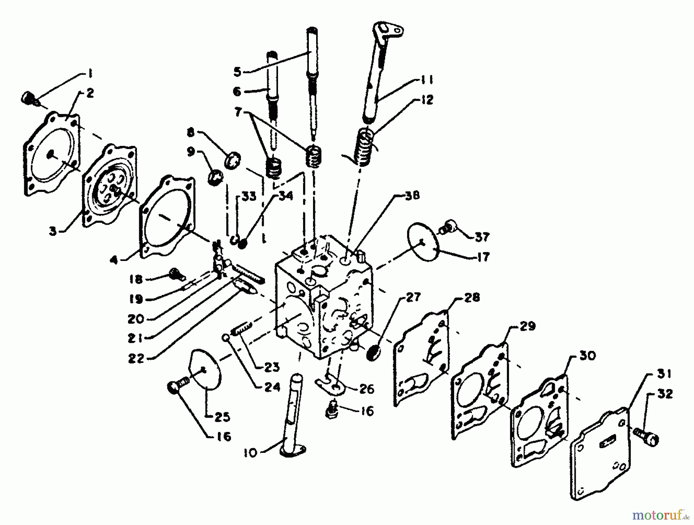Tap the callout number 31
(x=664, y=374)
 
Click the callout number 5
(x=237, y=72)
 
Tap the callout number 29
(x=527, y=326)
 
